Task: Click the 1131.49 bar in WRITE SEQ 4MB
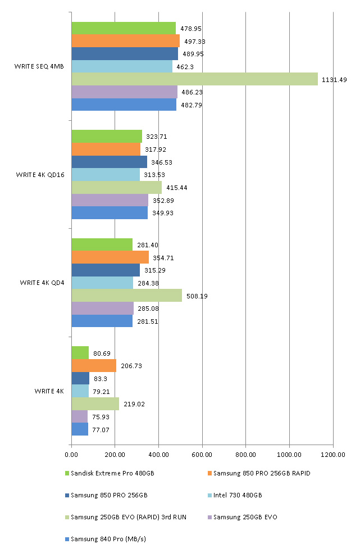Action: [x=194, y=79]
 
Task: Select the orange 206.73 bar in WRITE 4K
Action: [x=94, y=366]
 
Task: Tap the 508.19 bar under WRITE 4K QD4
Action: [x=126, y=296]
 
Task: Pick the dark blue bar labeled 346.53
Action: [x=109, y=162]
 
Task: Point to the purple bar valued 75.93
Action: [x=79, y=416]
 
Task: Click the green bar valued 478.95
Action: [x=124, y=28]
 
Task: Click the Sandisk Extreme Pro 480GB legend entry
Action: [x=109, y=473]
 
